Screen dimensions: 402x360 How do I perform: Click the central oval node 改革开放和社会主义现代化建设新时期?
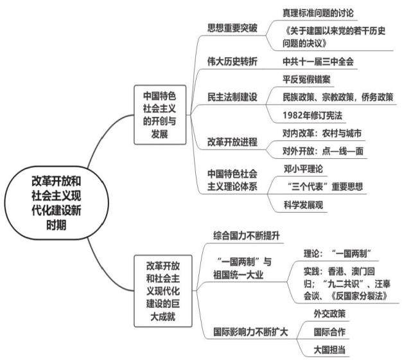tap(57, 203)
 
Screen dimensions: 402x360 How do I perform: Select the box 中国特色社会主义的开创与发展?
tap(160, 115)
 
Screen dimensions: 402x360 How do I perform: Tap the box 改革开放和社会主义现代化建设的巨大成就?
tap(163, 291)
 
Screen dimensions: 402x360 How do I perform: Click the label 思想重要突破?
tap(232, 28)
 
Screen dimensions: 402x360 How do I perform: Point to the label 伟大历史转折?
tap(232, 61)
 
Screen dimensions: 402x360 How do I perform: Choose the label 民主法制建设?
tap(232, 97)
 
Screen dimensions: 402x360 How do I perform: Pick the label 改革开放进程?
tap(232, 142)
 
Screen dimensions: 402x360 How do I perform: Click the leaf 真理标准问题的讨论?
tap(318, 13)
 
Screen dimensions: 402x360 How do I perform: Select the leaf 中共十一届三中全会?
tap(318, 62)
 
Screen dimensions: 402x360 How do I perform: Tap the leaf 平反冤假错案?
tap(306, 80)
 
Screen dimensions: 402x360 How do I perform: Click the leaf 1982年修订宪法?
tap(312, 116)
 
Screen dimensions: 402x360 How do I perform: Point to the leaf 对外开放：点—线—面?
tap(323, 151)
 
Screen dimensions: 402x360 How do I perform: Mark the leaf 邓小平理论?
tap(303, 169)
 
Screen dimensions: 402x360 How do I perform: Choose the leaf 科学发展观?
tap(303, 205)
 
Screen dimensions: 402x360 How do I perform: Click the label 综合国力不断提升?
tap(247, 235)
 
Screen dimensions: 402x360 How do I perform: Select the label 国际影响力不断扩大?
tap(250, 332)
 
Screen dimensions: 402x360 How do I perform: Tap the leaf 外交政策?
tap(329, 314)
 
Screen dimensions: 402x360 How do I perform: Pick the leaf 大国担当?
tap(329, 350)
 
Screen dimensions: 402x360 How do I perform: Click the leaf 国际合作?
tap(329, 332)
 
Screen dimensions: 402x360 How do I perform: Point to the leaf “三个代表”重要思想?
tap(325, 186)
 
